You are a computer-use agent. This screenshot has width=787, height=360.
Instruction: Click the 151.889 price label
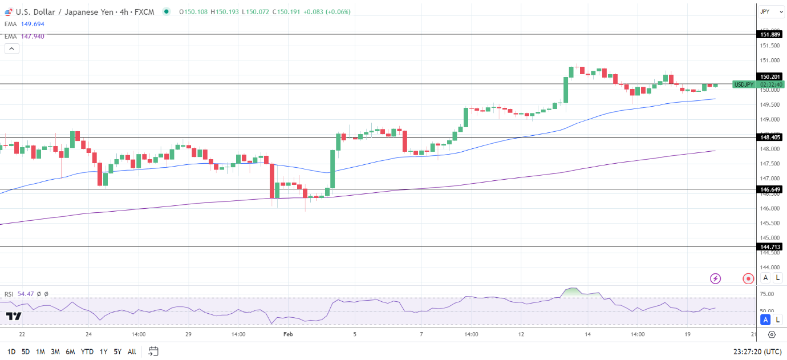[770, 35]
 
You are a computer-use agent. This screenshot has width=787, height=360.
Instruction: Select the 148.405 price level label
[770, 137]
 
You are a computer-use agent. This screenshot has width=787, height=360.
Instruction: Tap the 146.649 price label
[770, 189]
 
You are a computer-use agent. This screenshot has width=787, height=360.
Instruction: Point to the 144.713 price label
[770, 247]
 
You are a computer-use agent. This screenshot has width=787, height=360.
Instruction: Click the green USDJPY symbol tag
[744, 84]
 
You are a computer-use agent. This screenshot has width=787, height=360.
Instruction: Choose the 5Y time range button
[117, 351]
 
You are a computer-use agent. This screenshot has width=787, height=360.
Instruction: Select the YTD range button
[87, 351]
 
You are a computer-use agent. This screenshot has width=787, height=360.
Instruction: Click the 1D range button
[11, 351]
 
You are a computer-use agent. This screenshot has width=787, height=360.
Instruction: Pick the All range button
[132, 351]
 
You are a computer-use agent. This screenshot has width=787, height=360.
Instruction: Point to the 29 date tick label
[188, 335]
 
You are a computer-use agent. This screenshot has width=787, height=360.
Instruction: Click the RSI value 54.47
[26, 294]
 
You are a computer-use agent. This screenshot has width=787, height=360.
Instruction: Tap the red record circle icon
[748, 278]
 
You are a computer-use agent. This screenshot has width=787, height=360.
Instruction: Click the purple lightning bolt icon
[715, 278]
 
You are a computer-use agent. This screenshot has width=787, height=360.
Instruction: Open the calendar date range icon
[153, 351]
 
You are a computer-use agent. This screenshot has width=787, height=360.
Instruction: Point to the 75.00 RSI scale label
[767, 294]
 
